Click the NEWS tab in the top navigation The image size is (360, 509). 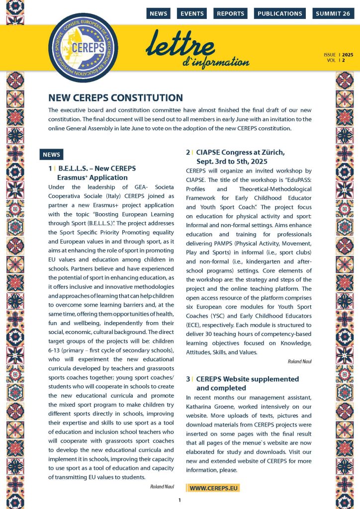(x=158, y=13)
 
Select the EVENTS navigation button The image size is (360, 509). (x=191, y=13)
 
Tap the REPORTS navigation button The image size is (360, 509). (x=230, y=13)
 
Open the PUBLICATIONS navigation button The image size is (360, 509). (x=279, y=13)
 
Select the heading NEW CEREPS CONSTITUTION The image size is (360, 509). (x=116, y=98)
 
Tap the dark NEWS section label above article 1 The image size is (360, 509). (x=51, y=155)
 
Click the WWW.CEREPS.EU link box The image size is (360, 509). (x=212, y=488)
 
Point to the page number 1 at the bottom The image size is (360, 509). (x=180, y=500)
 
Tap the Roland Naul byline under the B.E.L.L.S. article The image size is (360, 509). (x=162, y=486)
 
